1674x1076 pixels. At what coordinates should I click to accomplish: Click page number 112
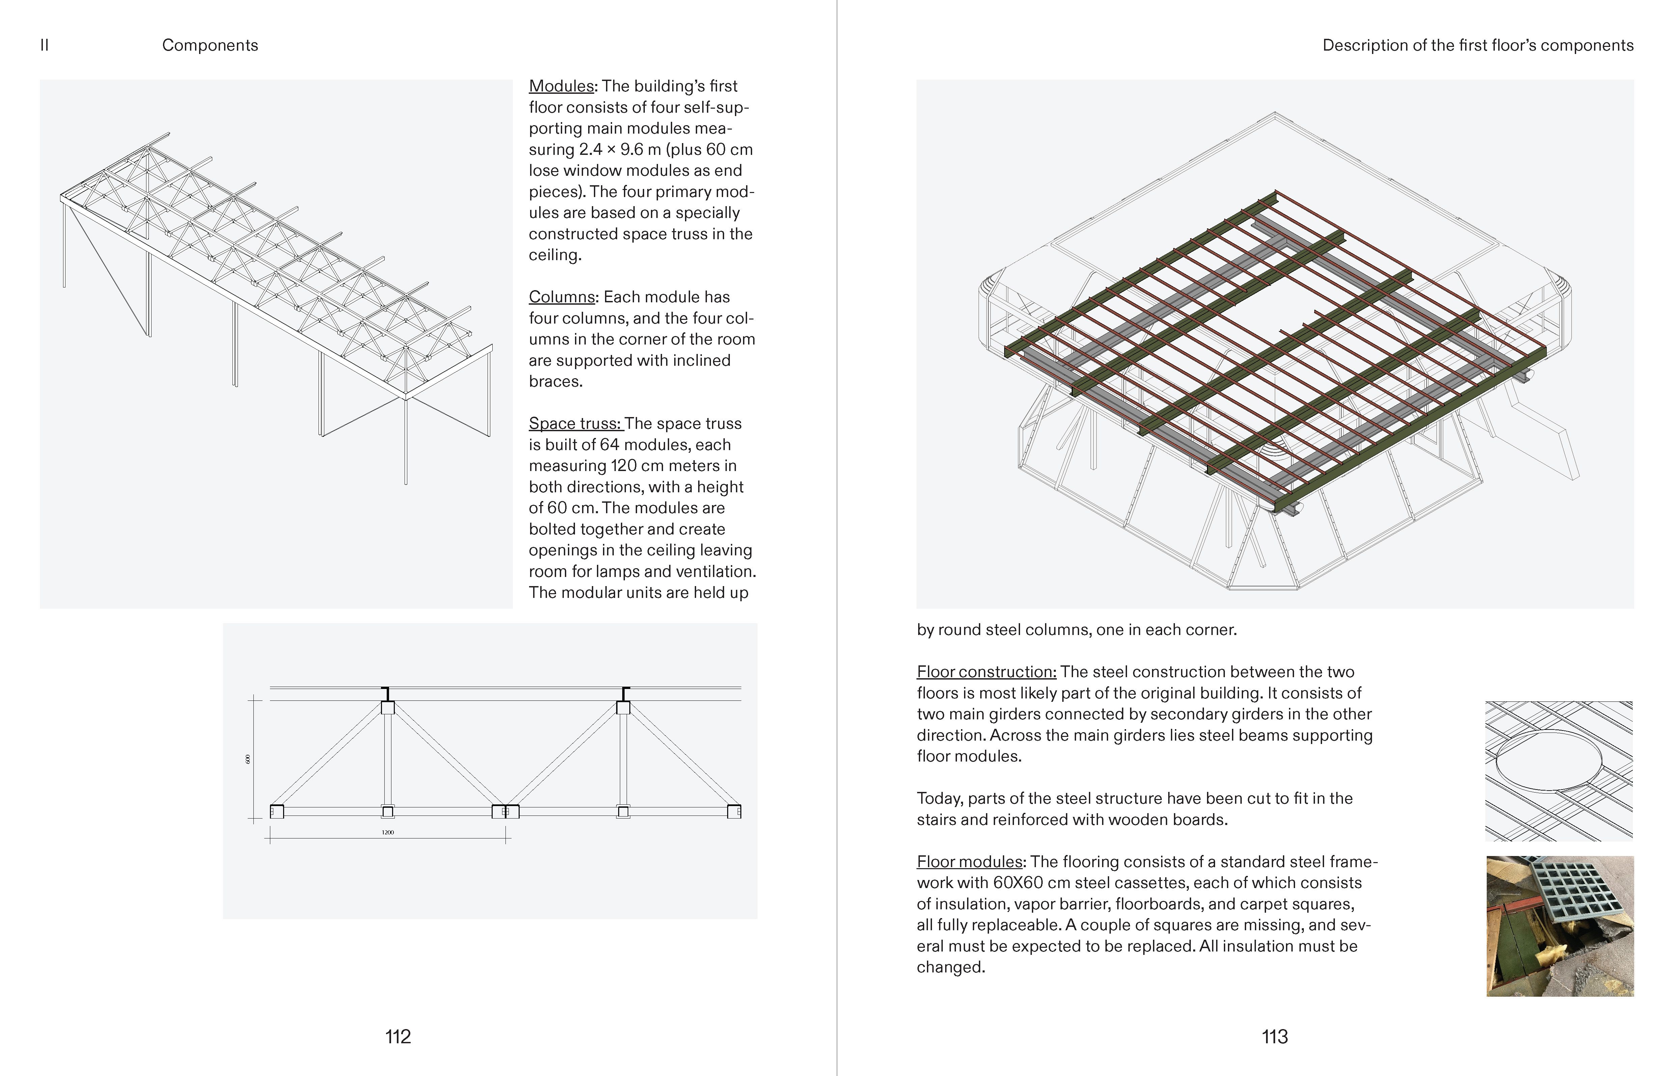[x=397, y=1036]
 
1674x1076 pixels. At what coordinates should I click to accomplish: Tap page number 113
[x=1274, y=1036]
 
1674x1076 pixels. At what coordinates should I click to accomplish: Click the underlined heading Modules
[x=561, y=86]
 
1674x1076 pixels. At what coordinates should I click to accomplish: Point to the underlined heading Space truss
[x=575, y=423]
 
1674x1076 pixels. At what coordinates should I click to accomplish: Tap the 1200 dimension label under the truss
[x=388, y=832]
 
